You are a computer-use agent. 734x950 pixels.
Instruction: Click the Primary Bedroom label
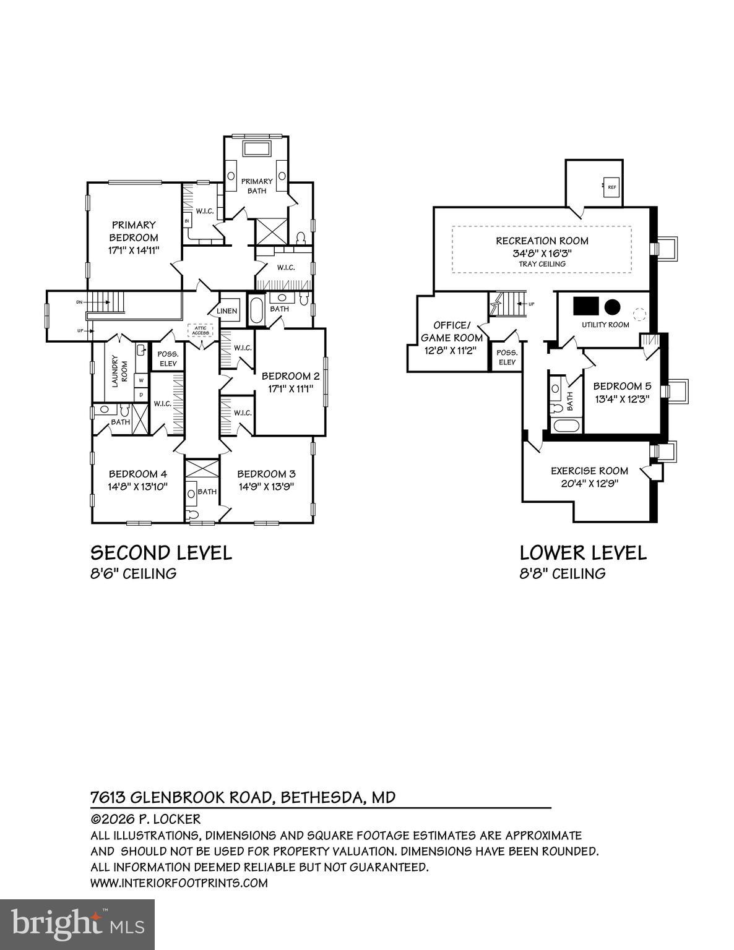[134, 231]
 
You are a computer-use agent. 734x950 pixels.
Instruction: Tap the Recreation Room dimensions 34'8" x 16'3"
[542, 253]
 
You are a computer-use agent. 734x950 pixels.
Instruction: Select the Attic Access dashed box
[201, 330]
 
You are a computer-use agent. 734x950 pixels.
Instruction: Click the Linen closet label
[227, 310]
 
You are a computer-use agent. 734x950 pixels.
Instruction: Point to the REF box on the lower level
[611, 187]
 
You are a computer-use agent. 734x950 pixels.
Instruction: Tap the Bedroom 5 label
[622, 387]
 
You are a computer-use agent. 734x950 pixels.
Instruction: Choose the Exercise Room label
[589, 471]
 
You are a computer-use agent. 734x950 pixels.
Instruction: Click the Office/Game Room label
[452, 332]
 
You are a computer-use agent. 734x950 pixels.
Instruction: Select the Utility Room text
[605, 325]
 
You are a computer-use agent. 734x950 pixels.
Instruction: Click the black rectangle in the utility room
[584, 306]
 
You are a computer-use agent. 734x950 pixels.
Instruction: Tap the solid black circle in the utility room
[612, 306]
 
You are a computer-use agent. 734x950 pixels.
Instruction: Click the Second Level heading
[161, 552]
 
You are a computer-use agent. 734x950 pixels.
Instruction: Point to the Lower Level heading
[583, 552]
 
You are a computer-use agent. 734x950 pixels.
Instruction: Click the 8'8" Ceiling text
[562, 574]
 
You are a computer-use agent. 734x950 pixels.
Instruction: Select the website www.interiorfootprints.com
[179, 883]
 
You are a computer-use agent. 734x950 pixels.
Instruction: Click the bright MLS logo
[77, 925]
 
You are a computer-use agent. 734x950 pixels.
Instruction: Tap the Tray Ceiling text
[542, 264]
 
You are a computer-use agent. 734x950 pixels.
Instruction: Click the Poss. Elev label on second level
[168, 359]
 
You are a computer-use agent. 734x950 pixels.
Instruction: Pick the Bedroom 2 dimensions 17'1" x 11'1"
[290, 389]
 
